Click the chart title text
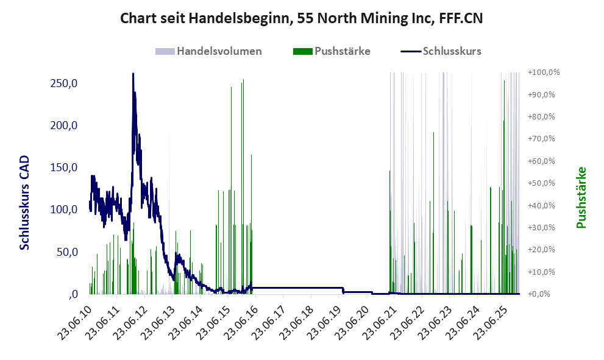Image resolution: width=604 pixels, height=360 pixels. pos(302,18)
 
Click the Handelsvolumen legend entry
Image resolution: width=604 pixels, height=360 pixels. pos(219,51)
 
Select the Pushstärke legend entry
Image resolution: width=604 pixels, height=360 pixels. pos(342,51)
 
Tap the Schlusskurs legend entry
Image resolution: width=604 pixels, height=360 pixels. pos(452,51)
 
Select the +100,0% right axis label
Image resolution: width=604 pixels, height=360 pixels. pos(544,72)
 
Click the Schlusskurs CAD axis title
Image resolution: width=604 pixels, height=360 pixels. pos(25,202)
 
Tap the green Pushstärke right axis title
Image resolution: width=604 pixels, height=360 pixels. pos(581,197)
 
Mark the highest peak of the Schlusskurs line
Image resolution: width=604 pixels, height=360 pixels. pos(133,74)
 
